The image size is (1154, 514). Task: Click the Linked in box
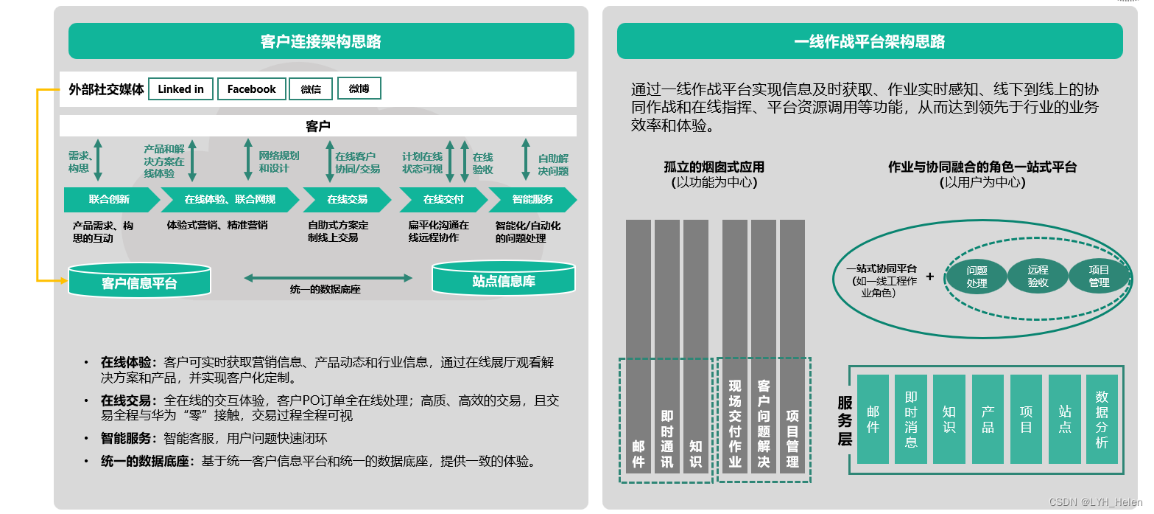(180, 89)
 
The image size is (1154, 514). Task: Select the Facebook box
(251, 89)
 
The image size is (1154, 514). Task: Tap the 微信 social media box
(311, 89)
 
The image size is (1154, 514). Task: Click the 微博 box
(359, 88)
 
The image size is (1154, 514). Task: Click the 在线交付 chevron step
(443, 199)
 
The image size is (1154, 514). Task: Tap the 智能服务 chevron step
(532, 199)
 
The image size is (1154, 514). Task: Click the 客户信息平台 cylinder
(139, 282)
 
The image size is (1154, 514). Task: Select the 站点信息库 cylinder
(503, 280)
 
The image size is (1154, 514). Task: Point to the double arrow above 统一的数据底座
(328, 277)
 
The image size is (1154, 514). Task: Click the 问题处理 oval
(977, 277)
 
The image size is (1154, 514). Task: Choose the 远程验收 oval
(1038, 277)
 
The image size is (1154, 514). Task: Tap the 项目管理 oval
(1099, 277)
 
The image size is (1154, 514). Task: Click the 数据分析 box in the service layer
(1102, 419)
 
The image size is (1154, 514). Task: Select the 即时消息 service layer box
(911, 419)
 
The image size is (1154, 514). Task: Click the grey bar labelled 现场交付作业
(735, 347)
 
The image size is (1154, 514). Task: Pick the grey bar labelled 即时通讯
(667, 347)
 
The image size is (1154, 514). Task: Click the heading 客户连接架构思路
(321, 41)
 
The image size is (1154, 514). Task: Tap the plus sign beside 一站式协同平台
(929, 277)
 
